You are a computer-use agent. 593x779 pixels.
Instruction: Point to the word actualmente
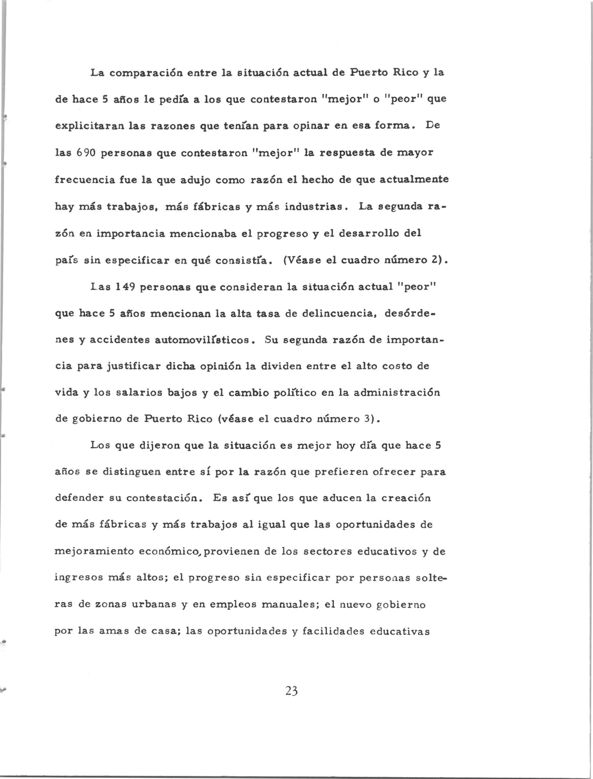[414, 180]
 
